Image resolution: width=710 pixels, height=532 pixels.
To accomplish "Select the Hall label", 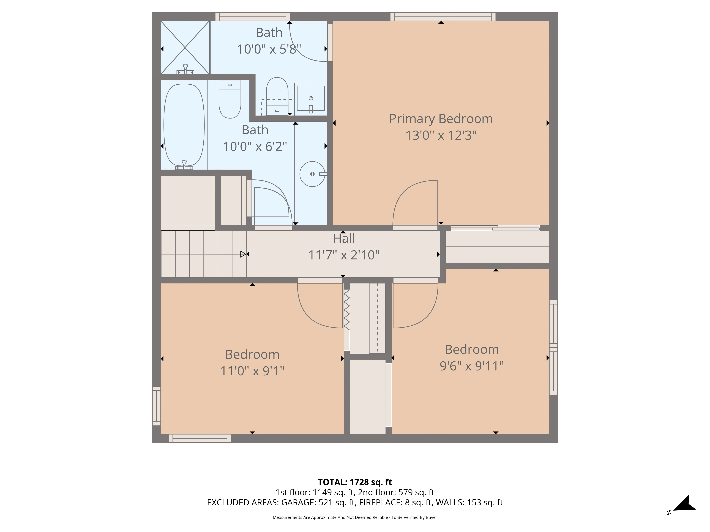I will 344,239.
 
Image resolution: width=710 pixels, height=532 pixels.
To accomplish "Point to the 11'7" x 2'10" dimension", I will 344,255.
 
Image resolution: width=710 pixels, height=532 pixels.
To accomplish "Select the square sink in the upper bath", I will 310,98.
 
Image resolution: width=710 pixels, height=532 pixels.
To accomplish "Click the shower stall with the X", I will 185,48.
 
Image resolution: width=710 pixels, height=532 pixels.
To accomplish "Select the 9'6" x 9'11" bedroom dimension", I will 471,366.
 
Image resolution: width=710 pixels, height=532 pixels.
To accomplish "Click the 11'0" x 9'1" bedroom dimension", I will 252,371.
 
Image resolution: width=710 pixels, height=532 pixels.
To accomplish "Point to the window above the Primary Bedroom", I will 443,17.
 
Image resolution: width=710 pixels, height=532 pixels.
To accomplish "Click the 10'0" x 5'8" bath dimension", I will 269,49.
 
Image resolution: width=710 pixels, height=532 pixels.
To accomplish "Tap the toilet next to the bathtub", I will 230,99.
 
